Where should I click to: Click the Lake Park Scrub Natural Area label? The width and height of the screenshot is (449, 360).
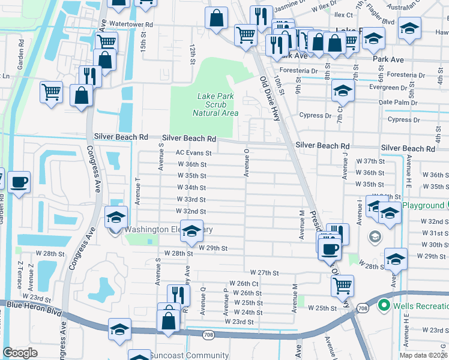(x=215, y=104)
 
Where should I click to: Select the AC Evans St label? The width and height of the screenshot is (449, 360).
(x=193, y=153)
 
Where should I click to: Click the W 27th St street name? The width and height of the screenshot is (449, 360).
(x=265, y=272)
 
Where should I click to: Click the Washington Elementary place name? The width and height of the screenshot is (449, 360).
(x=169, y=229)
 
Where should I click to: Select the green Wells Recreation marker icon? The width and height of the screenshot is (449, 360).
(x=384, y=306)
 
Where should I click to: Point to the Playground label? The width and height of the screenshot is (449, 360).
(x=423, y=205)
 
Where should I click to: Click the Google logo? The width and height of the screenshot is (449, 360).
(x=20, y=353)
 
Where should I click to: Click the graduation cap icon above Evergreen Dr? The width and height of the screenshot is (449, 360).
(x=343, y=91)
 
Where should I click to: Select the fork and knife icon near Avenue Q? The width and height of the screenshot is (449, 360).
(x=178, y=295)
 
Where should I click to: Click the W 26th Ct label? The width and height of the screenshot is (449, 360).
(x=244, y=283)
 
